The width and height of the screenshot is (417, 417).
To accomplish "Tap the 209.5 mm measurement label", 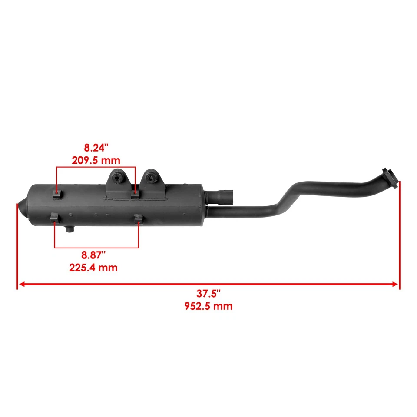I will point(96,160).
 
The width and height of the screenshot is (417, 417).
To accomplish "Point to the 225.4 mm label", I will point(93,268).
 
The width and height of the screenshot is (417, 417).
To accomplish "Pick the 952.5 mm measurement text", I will point(208,306).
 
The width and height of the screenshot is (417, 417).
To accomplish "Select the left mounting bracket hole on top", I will point(117,177).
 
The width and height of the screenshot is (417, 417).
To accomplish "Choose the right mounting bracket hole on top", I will point(150,177).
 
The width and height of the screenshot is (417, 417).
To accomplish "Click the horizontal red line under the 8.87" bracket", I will point(96,248).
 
